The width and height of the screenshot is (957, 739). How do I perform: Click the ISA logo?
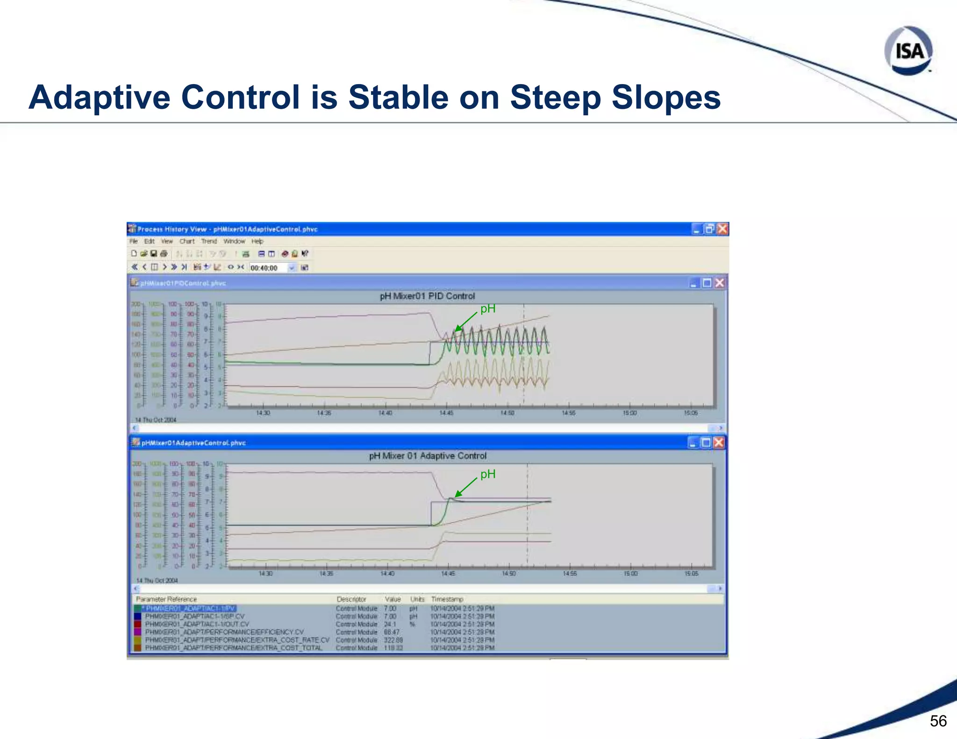(908, 50)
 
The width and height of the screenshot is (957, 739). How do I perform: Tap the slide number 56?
(938, 721)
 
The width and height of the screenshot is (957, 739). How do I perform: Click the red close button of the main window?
(722, 229)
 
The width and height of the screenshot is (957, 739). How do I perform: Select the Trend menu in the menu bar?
(209, 242)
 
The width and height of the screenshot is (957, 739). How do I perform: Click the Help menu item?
(257, 242)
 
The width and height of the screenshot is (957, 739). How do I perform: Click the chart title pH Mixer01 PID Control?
(427, 296)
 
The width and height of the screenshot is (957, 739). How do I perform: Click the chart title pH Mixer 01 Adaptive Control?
(428, 456)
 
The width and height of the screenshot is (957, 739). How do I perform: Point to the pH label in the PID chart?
(488, 309)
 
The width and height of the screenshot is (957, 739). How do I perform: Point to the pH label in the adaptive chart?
(488, 474)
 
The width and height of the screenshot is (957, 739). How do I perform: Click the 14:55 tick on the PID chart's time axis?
(568, 413)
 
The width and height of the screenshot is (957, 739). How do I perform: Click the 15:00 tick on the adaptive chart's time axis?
(630, 573)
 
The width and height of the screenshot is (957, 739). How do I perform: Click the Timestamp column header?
(447, 599)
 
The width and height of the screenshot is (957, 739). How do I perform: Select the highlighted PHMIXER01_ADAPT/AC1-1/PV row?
(190, 609)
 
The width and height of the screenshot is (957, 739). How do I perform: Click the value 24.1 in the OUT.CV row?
(390, 625)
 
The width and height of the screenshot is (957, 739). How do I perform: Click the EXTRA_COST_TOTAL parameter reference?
(234, 648)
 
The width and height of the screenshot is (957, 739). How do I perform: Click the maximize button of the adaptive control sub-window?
(706, 443)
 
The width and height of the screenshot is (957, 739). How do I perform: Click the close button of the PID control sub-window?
(720, 283)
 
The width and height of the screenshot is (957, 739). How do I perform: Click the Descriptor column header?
(351, 599)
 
